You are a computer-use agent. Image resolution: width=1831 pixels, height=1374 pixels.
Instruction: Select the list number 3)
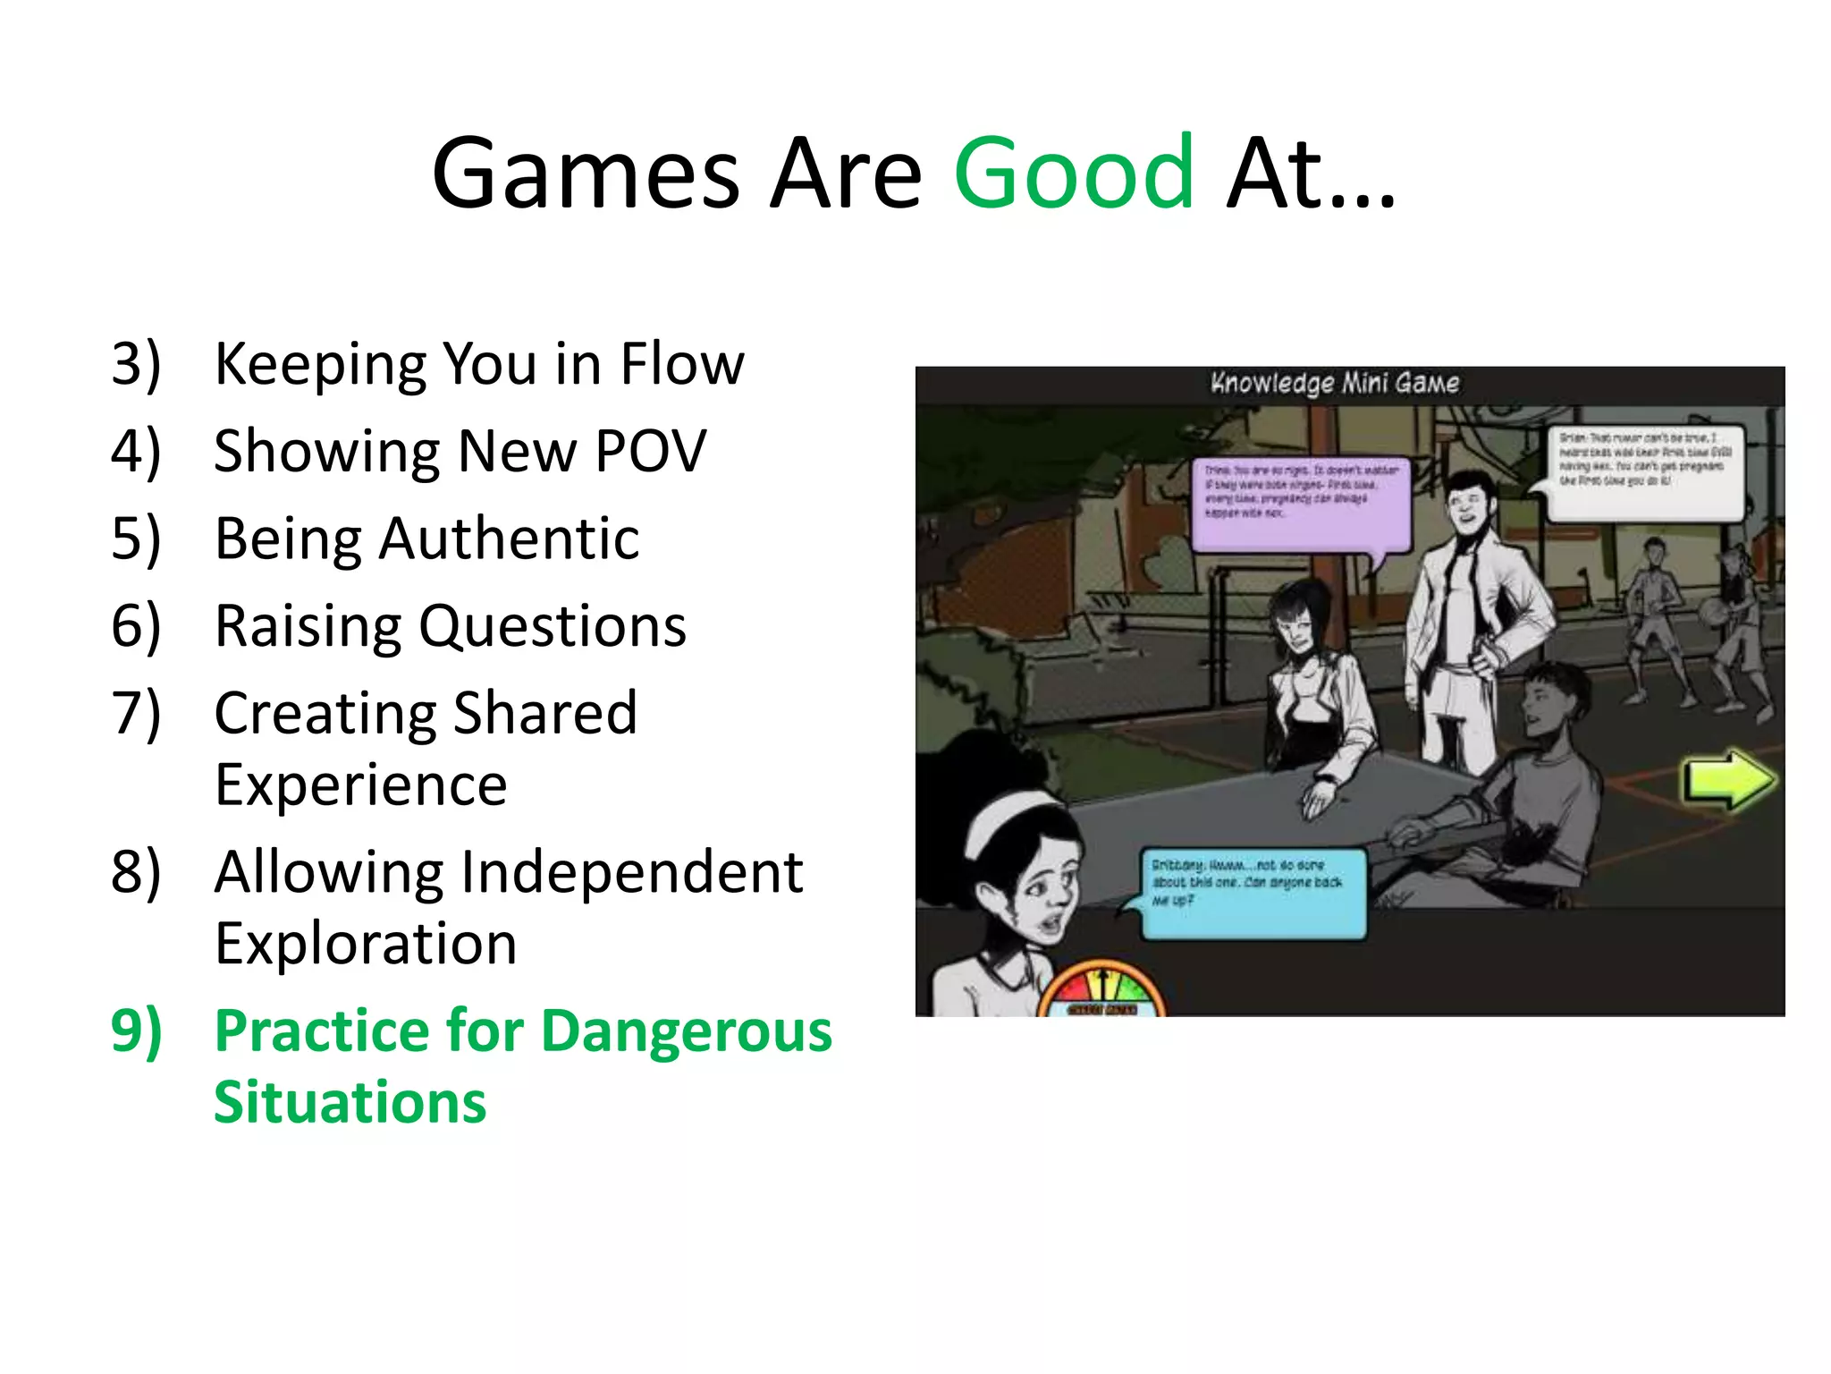136,364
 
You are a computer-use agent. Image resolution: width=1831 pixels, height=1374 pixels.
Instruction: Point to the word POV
650,451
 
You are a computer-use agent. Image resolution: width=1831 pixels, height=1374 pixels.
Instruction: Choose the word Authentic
509,539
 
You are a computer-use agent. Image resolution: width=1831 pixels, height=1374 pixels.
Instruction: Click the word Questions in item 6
553,626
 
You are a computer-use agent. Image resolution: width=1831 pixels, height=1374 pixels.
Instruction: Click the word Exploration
367,944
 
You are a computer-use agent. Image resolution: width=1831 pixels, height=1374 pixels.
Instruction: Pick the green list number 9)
136,1030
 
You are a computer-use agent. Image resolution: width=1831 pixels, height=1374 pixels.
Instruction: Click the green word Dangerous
687,1030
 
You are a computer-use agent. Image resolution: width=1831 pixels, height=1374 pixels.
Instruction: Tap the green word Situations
350,1102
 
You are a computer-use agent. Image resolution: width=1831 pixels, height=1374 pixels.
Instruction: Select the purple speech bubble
1300,505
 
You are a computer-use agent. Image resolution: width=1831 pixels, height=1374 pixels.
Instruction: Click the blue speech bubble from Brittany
1253,893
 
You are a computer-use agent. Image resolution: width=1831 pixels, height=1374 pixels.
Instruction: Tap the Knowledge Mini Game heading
1335,384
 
